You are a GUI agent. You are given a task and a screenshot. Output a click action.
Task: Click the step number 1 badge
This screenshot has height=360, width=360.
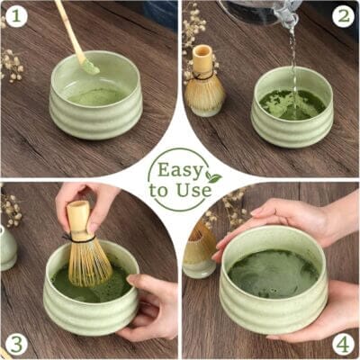click(16, 15)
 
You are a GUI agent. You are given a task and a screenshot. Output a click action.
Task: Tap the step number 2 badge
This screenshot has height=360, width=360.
click(344, 17)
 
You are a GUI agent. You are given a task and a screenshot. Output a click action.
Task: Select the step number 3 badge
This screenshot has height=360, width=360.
click(16, 343)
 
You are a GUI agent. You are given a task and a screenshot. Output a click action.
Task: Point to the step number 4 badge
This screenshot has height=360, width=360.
click(343, 344)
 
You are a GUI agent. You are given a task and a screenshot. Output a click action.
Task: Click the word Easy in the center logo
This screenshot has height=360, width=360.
click(180, 170)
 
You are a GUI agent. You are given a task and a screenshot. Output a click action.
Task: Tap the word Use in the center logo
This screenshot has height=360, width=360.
click(194, 190)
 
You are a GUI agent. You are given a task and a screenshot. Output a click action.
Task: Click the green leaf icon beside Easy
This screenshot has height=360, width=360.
click(213, 177)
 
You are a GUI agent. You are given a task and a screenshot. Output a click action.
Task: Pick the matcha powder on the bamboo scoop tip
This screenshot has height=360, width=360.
click(90, 67)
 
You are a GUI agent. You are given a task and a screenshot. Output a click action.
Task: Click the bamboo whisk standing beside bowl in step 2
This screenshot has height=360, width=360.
click(204, 81)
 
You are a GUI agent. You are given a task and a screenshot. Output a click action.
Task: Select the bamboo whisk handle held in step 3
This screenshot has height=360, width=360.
click(78, 220)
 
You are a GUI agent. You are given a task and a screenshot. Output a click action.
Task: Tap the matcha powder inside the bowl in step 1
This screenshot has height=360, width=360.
click(97, 96)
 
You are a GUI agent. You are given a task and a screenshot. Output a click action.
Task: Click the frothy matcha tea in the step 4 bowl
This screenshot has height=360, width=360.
click(273, 274)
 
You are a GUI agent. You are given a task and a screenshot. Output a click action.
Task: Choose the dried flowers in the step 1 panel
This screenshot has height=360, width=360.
click(12, 65)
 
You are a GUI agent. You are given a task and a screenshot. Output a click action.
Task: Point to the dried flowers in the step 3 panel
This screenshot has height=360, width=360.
click(12, 210)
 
